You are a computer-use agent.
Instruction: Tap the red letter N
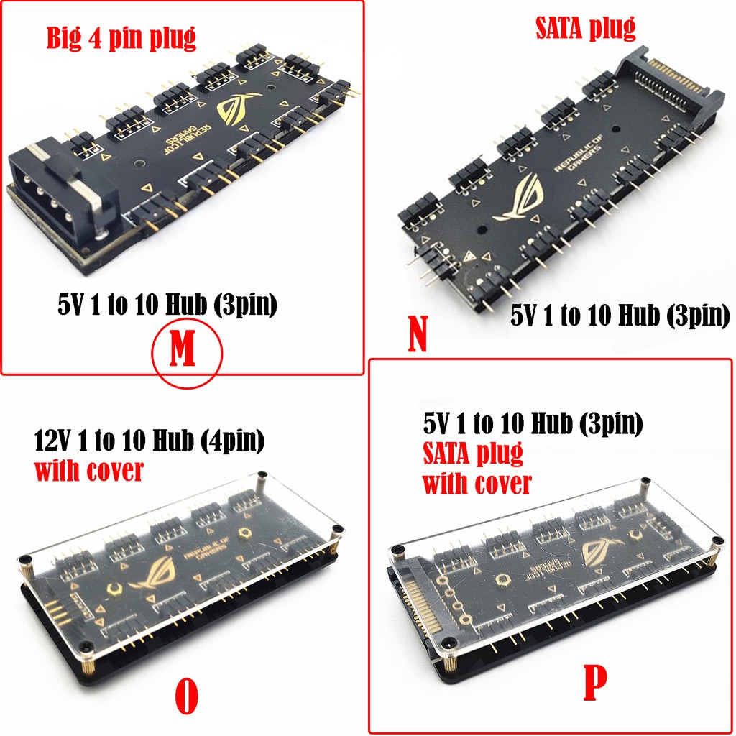pos(418,333)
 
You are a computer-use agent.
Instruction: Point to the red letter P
pos(594,682)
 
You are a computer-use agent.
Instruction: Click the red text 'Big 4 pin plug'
pos(121,37)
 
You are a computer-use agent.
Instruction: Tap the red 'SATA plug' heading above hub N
pos(585,28)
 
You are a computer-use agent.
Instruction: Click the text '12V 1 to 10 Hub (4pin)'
pos(149,441)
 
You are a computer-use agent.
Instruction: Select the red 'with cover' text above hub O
pos(88,470)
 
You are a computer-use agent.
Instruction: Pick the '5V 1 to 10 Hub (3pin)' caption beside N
pos(620,315)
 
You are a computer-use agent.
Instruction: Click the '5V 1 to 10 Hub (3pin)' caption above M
pos(167,304)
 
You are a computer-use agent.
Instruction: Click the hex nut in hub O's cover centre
pos(244,532)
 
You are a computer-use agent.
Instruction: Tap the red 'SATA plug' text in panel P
pos(473,454)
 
